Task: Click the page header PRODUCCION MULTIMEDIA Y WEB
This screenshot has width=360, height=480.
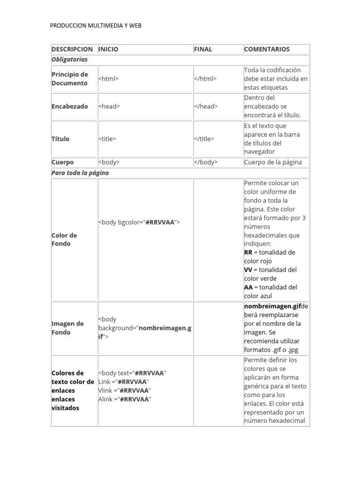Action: [96, 26]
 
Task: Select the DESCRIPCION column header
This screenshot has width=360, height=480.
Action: [72, 49]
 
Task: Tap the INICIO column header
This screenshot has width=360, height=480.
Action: [108, 49]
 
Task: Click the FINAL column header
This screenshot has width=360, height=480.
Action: [203, 49]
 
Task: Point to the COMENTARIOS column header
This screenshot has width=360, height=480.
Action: [267, 49]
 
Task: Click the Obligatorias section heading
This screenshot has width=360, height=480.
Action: [69, 60]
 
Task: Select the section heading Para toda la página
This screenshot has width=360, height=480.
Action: [80, 173]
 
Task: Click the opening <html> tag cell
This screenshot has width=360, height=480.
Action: [108, 79]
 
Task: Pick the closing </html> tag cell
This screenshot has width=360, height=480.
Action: [205, 79]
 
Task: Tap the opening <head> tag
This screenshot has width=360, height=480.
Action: [109, 106]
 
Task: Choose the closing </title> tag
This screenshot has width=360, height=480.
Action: [204, 139]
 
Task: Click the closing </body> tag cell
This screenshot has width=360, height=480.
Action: [206, 162]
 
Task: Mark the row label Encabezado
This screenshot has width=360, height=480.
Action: [70, 106]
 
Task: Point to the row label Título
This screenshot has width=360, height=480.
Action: [60, 139]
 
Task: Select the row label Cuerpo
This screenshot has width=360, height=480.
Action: [63, 162]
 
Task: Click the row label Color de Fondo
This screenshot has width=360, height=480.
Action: [64, 240]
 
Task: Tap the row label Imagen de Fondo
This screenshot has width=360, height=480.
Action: [67, 328]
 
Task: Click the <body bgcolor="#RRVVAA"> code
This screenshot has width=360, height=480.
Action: [139, 222]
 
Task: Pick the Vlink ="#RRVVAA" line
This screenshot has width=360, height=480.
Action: [124, 390]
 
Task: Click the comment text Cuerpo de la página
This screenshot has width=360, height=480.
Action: [273, 162]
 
